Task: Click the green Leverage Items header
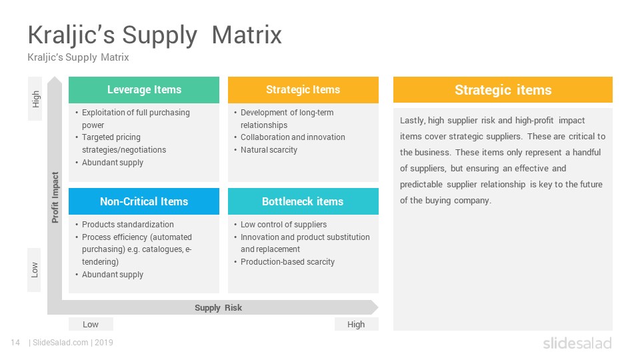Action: (x=144, y=90)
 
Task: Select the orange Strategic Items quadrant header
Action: (x=303, y=90)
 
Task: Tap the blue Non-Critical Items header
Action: (x=144, y=201)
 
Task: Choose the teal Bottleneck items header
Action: (x=303, y=201)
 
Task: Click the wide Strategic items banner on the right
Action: (x=503, y=90)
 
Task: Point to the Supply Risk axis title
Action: (x=218, y=307)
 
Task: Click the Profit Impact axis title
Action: (x=55, y=197)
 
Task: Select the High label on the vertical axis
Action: (x=35, y=99)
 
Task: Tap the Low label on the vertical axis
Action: (x=35, y=270)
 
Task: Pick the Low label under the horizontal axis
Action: (x=91, y=324)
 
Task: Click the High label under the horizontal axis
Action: (x=356, y=324)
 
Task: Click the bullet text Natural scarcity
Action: (x=269, y=150)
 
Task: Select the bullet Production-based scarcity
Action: (x=287, y=262)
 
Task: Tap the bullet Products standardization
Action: (x=127, y=225)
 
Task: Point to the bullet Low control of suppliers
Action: (x=283, y=225)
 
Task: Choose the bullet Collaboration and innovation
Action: (x=293, y=137)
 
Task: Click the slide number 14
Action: (x=15, y=343)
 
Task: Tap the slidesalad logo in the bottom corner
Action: (x=577, y=343)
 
